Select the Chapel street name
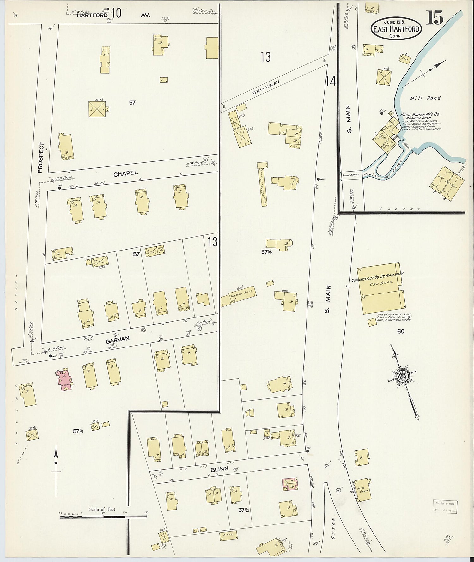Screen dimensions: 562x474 coord(126,173)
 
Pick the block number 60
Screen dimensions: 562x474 coord(401,331)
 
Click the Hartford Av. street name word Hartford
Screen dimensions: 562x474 coord(92,15)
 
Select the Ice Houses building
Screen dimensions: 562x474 coord(447,184)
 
